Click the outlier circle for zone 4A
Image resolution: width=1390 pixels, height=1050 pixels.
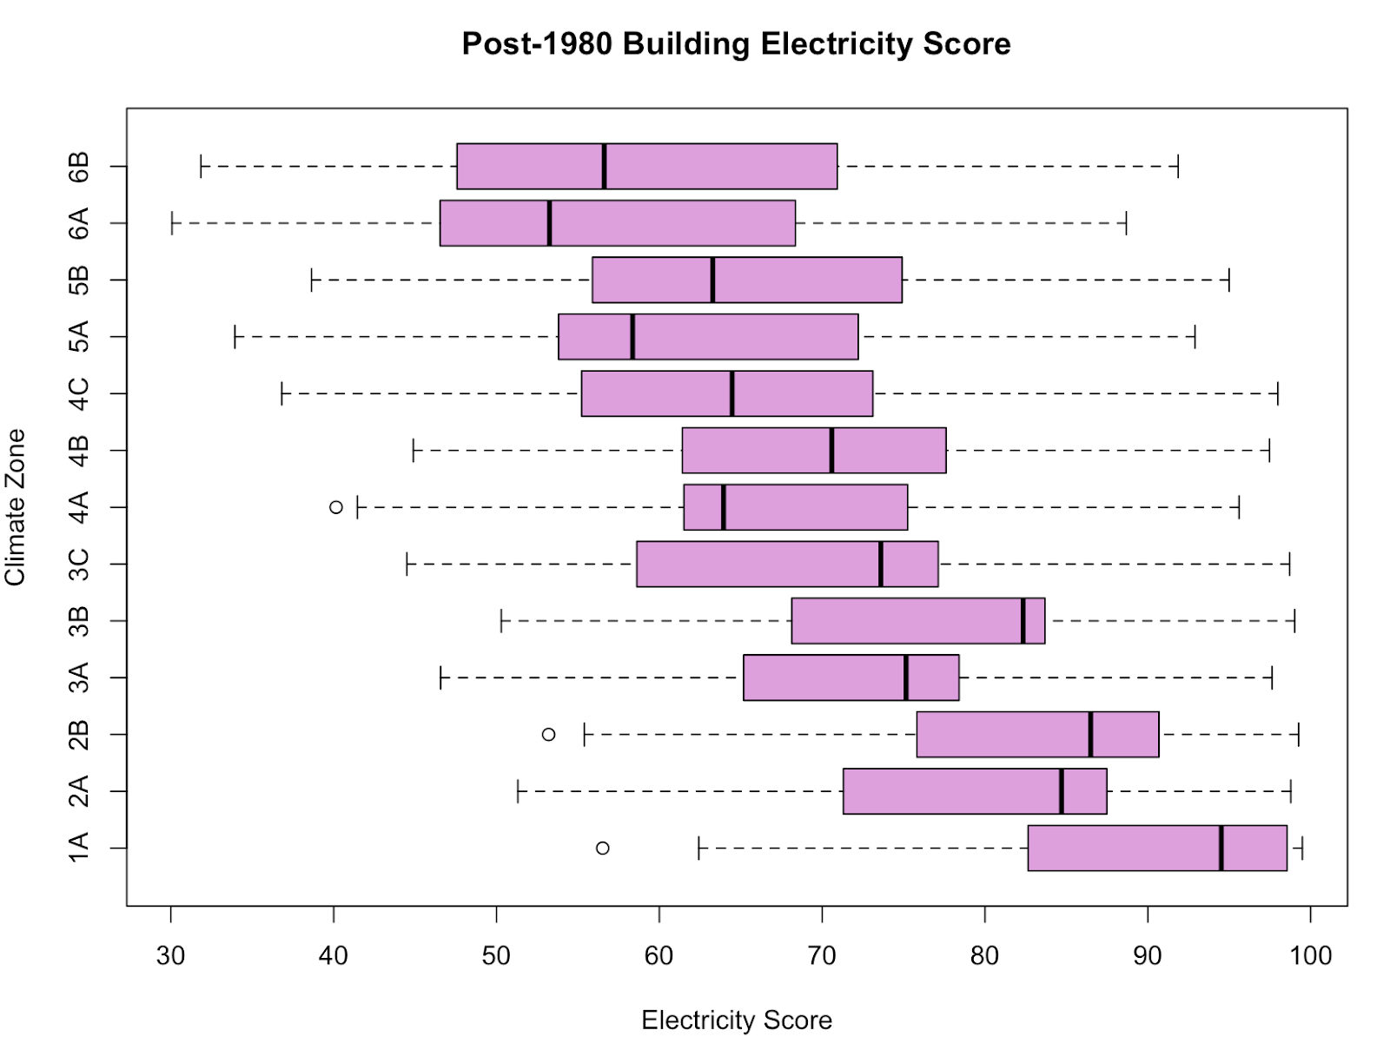[x=336, y=507]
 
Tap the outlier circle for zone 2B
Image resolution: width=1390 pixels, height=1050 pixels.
[x=548, y=735]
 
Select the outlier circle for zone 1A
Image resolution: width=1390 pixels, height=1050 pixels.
[x=602, y=848]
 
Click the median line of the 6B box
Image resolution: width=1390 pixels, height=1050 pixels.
[x=604, y=166]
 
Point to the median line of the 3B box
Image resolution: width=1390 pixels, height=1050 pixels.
[x=1023, y=621]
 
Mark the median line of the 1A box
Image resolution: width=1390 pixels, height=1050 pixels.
[x=1221, y=848]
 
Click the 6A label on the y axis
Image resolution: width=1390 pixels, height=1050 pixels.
[x=78, y=223]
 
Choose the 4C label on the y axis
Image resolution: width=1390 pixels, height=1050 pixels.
[x=78, y=393]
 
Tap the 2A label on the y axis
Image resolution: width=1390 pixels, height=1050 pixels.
[x=78, y=791]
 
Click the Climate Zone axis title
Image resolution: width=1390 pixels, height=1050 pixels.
[x=16, y=507]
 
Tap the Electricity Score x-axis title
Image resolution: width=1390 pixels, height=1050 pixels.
[x=737, y=1020]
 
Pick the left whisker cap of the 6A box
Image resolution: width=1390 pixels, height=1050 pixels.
[x=172, y=223]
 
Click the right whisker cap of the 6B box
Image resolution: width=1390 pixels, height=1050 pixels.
[x=1178, y=166]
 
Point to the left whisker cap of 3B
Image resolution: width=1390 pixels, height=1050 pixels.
[x=501, y=621]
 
